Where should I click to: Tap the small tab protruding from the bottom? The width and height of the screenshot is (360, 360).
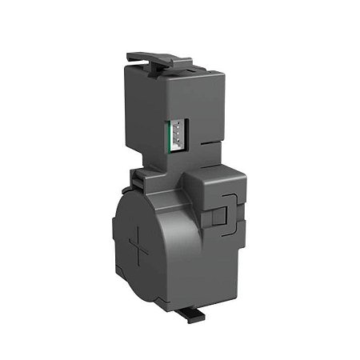[x=194, y=314]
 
